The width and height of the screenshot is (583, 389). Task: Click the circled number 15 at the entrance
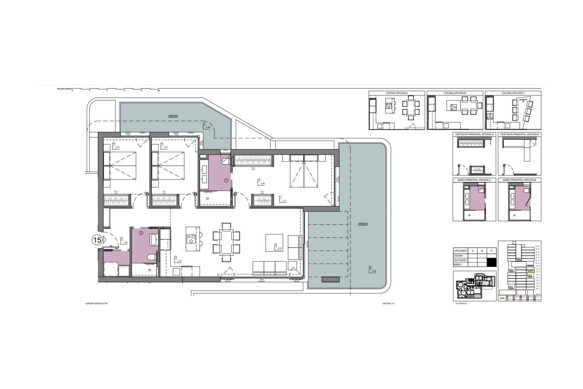pyautogui.click(x=97, y=240)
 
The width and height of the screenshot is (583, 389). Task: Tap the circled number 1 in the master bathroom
pyautogui.click(x=226, y=180)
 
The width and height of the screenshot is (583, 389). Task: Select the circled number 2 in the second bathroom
pyautogui.click(x=141, y=233)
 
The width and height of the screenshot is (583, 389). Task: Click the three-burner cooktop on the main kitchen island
pyautogui.click(x=191, y=239)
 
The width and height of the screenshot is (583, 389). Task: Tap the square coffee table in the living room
pyautogui.click(x=274, y=243)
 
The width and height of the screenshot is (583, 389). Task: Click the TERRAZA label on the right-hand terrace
pyautogui.click(x=363, y=224)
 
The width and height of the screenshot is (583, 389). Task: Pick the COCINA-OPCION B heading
pyautogui.click(x=455, y=93)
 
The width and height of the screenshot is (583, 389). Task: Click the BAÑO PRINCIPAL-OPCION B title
pyautogui.click(x=519, y=180)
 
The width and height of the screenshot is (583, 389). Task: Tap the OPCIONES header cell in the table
pyautogui.click(x=461, y=251)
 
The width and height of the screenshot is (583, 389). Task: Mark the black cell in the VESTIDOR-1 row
pyautogui.click(x=492, y=260)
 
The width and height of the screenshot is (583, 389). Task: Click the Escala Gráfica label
pyautogui.click(x=64, y=89)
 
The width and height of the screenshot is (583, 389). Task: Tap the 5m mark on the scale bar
pyautogui.click(x=158, y=91)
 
